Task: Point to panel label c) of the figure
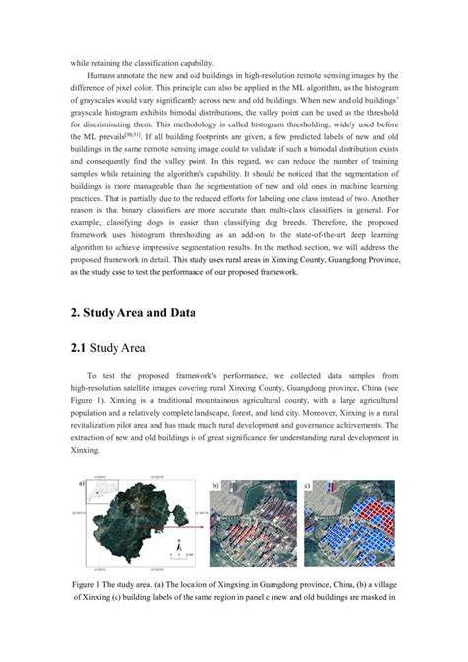coord(307,487)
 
